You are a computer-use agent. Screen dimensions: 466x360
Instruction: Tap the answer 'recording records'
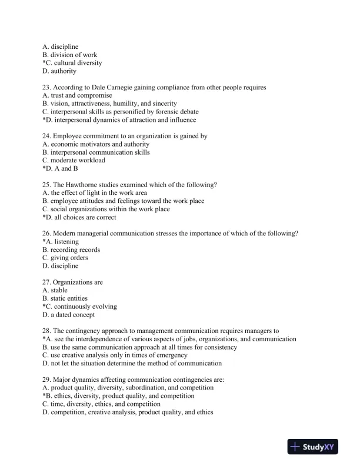pos(75,250)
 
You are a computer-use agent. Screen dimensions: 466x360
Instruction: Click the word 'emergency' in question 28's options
pos(173,355)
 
